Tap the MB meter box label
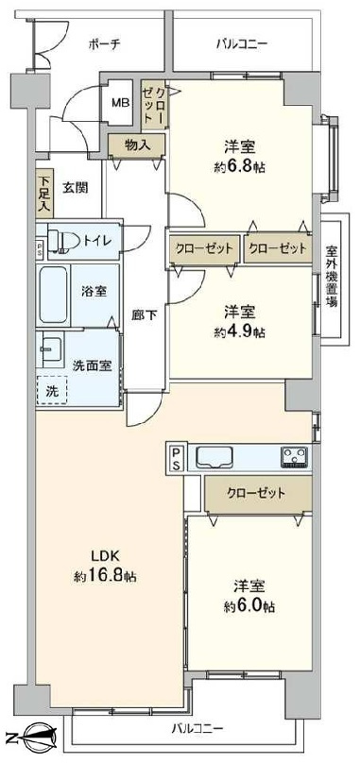(x=122, y=104)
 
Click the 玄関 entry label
(x=76, y=187)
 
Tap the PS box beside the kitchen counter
(x=177, y=458)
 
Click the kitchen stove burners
(x=294, y=457)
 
